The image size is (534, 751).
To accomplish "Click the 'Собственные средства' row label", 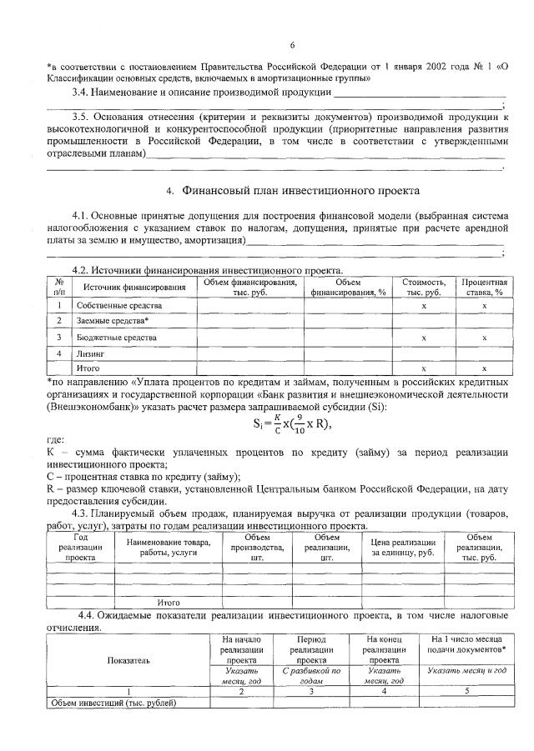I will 115,306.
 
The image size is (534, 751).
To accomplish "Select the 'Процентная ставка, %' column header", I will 485,288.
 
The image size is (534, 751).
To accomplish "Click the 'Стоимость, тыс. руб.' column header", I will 424,288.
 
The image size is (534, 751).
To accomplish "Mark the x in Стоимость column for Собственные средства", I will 424,306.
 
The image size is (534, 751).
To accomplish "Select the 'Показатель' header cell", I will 128,659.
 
